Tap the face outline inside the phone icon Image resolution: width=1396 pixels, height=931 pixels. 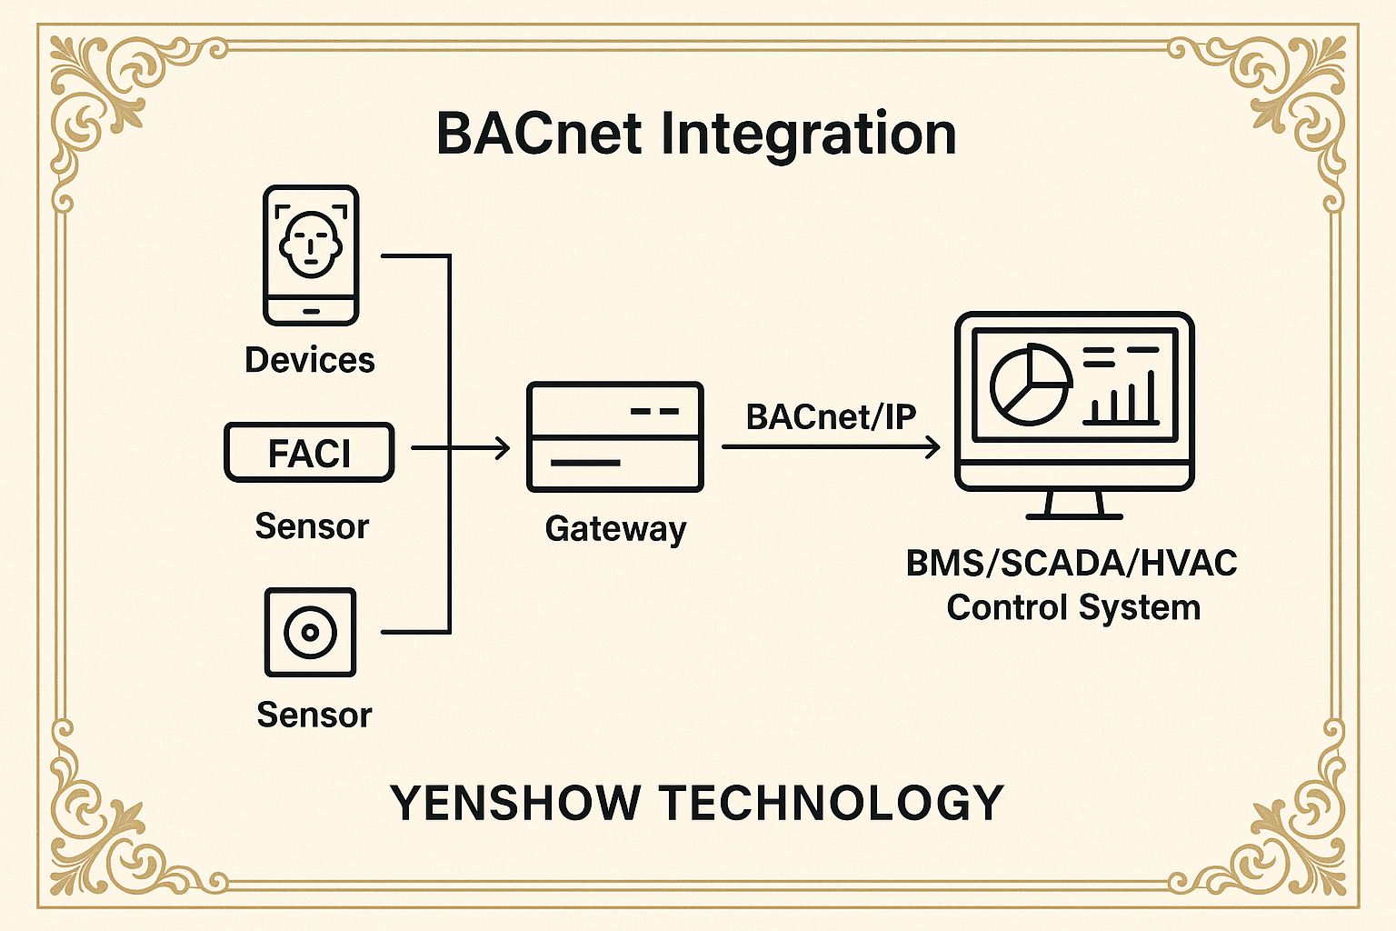(x=311, y=245)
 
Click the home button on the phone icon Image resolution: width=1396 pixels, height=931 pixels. (x=311, y=311)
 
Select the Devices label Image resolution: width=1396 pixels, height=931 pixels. (x=310, y=360)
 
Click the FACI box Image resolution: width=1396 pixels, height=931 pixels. (x=309, y=452)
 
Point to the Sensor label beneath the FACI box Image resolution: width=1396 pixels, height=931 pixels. (x=312, y=526)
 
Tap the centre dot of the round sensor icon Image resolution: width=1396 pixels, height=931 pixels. (x=310, y=632)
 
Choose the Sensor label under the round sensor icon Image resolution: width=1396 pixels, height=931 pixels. (x=314, y=715)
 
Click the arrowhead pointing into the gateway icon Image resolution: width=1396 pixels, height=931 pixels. (x=502, y=447)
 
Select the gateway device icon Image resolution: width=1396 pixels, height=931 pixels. (x=615, y=436)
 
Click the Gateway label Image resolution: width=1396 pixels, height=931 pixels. (x=615, y=528)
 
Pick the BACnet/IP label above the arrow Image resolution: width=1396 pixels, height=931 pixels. (x=831, y=416)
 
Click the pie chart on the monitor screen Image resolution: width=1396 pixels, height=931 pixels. (x=1031, y=385)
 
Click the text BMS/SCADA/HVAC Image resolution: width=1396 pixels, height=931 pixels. (x=1072, y=564)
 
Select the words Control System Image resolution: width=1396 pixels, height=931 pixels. (x=1073, y=607)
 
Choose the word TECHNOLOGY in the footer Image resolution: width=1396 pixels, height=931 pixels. (x=832, y=803)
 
